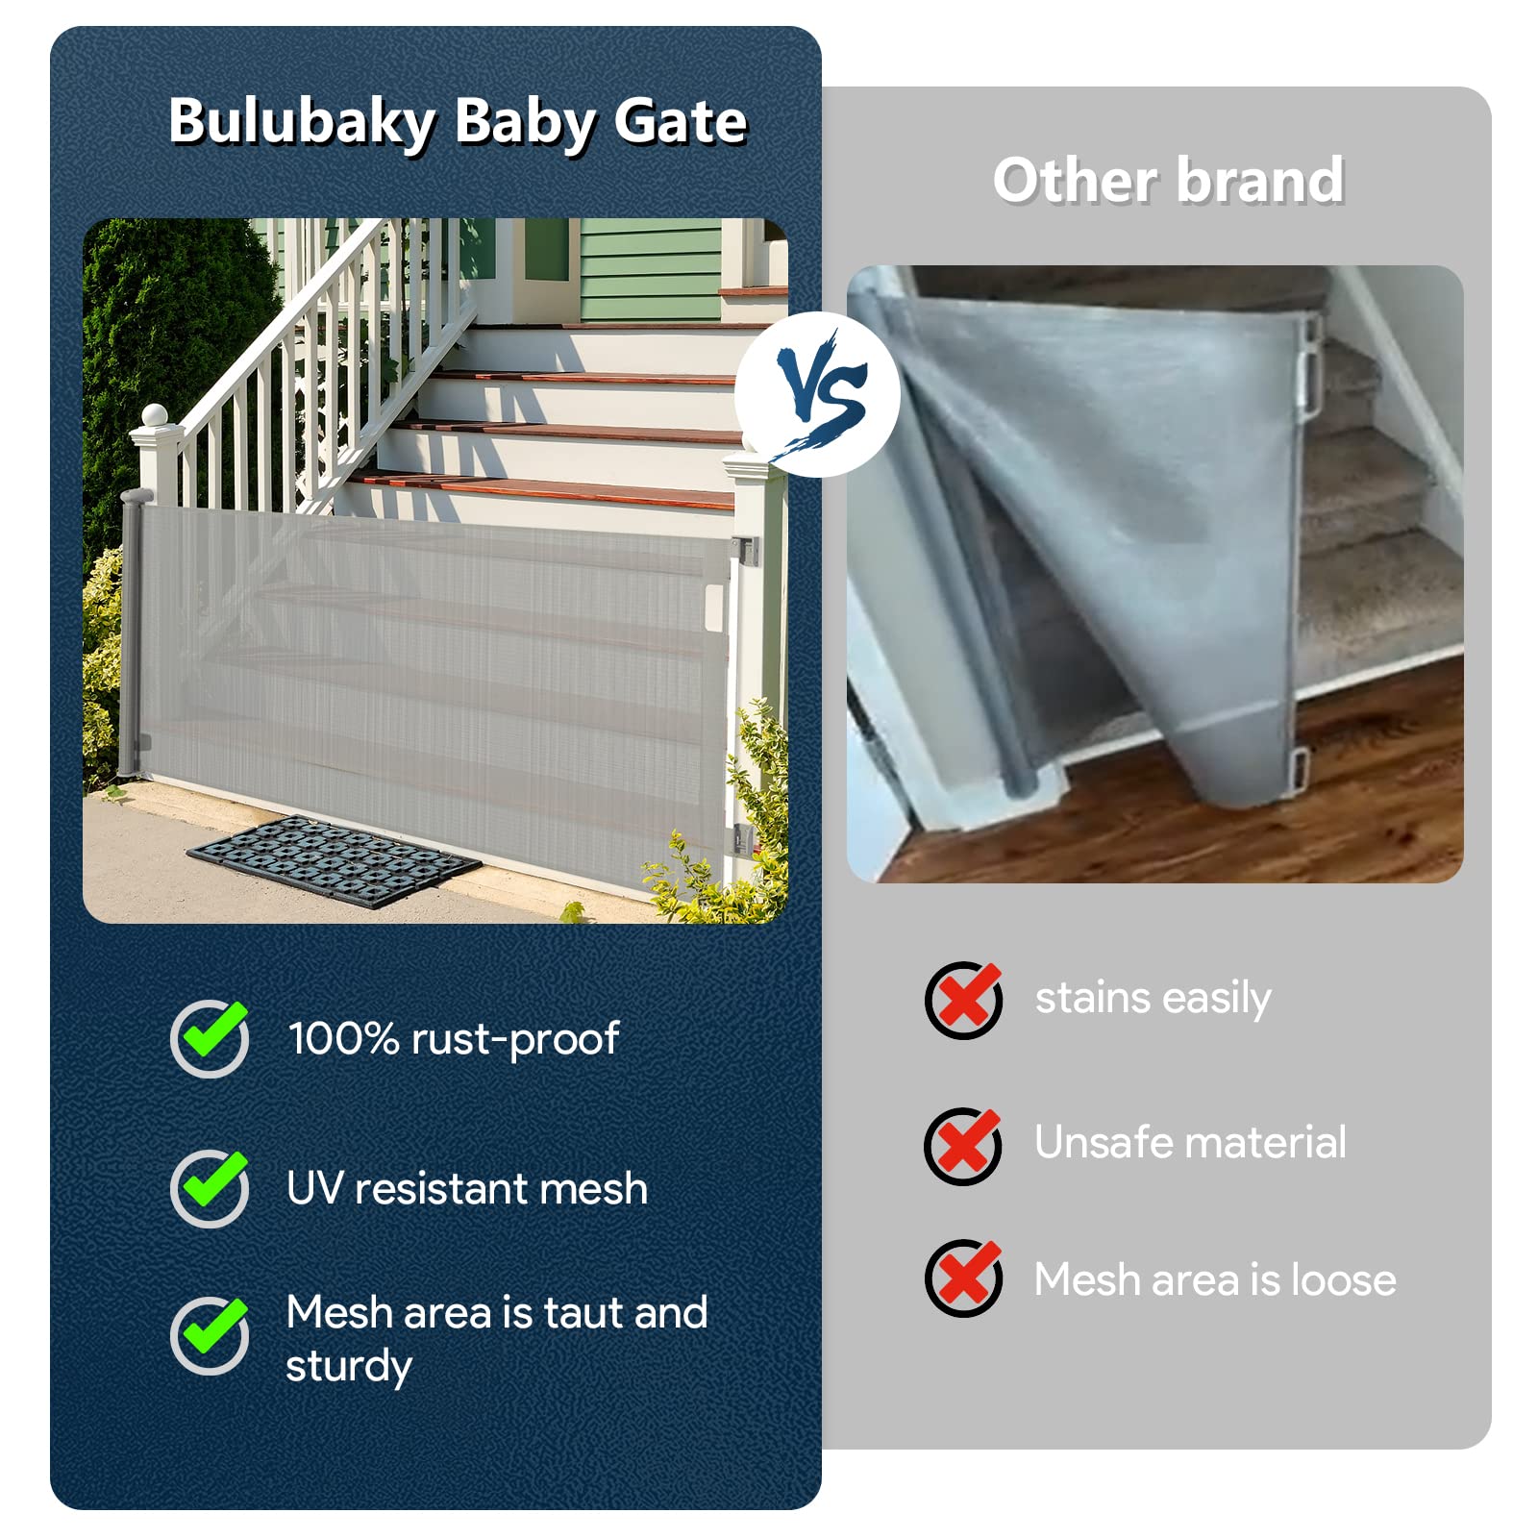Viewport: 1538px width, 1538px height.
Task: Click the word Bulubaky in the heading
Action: click(302, 123)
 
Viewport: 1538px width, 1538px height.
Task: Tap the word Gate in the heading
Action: click(680, 121)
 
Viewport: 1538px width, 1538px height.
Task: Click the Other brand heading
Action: click(1168, 180)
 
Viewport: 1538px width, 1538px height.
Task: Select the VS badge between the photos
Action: click(819, 395)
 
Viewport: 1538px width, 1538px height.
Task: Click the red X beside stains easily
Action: click(964, 1000)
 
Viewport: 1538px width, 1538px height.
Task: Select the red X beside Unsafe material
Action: click(963, 1145)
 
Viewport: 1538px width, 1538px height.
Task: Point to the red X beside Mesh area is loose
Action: click(964, 1278)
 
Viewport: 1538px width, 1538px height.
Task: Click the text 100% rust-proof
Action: click(454, 1039)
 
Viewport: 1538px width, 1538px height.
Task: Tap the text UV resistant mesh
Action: click(467, 1189)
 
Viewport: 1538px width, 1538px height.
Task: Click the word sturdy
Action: click(349, 1367)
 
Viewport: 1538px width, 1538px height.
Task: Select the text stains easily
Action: click(1153, 999)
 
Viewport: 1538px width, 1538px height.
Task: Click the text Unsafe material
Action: click(1190, 1143)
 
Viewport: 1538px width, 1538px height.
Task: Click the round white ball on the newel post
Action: click(156, 416)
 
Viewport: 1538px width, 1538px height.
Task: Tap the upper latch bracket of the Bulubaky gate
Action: click(744, 551)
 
